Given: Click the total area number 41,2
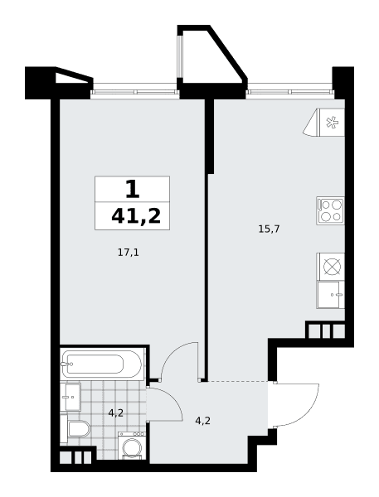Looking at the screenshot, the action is (x=136, y=216).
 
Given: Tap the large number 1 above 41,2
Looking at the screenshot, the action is (x=133, y=189).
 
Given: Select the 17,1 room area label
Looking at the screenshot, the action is (x=129, y=253).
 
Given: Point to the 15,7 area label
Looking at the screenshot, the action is (x=269, y=229).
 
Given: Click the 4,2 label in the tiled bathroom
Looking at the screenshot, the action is (x=115, y=413).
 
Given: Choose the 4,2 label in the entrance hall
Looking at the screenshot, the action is (x=203, y=421).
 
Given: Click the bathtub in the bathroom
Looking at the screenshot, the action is (x=102, y=364).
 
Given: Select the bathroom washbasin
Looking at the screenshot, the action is (x=70, y=397).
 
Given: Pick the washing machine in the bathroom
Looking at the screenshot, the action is (x=132, y=446).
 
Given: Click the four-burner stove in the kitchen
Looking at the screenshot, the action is (x=330, y=210).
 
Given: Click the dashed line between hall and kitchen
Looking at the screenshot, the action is (x=237, y=381).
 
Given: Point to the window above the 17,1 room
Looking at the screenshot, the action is (x=135, y=92).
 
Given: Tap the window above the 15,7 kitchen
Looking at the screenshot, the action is (x=290, y=92).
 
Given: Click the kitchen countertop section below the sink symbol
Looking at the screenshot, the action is (x=330, y=294).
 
